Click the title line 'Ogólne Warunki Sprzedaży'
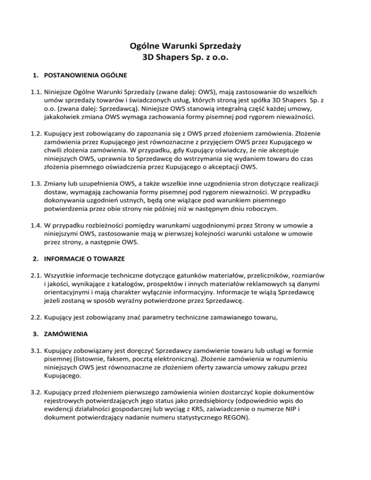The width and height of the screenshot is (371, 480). pos(185,47)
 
